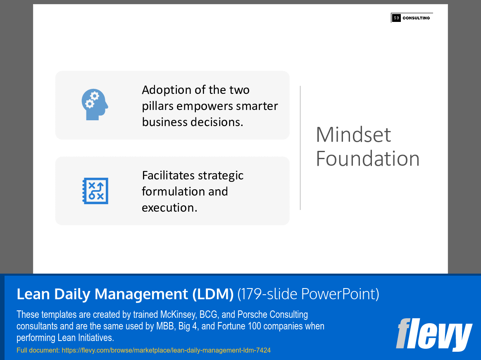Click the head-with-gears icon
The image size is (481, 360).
point(95,105)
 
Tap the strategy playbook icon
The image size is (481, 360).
point(95,191)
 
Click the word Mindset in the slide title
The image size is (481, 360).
point(353,135)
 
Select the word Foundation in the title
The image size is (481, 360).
point(367,159)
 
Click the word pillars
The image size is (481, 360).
point(157,106)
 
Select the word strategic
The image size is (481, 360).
point(221,176)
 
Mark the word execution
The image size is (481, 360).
point(169,207)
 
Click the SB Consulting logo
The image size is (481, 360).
point(412,18)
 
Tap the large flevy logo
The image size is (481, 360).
point(434,334)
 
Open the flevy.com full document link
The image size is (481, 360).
point(166,350)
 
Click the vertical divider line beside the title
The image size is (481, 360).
point(300,148)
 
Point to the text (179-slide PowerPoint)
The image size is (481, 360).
point(308,294)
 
